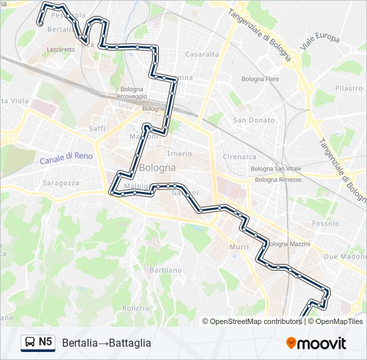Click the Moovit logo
pos(316,343)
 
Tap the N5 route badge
pos(38,343)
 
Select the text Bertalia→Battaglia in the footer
pos(107,343)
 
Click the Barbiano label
pos(165,270)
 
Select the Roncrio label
pos(135,308)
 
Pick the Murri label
pos(239,247)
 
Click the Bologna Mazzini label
pos(288,244)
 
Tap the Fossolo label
pos(326,223)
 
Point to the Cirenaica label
pos(240,157)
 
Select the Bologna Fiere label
pos(260,79)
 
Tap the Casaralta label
pos(202,55)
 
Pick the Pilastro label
pos(348,88)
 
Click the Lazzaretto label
pos(61,49)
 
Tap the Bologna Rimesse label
pos(278,179)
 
